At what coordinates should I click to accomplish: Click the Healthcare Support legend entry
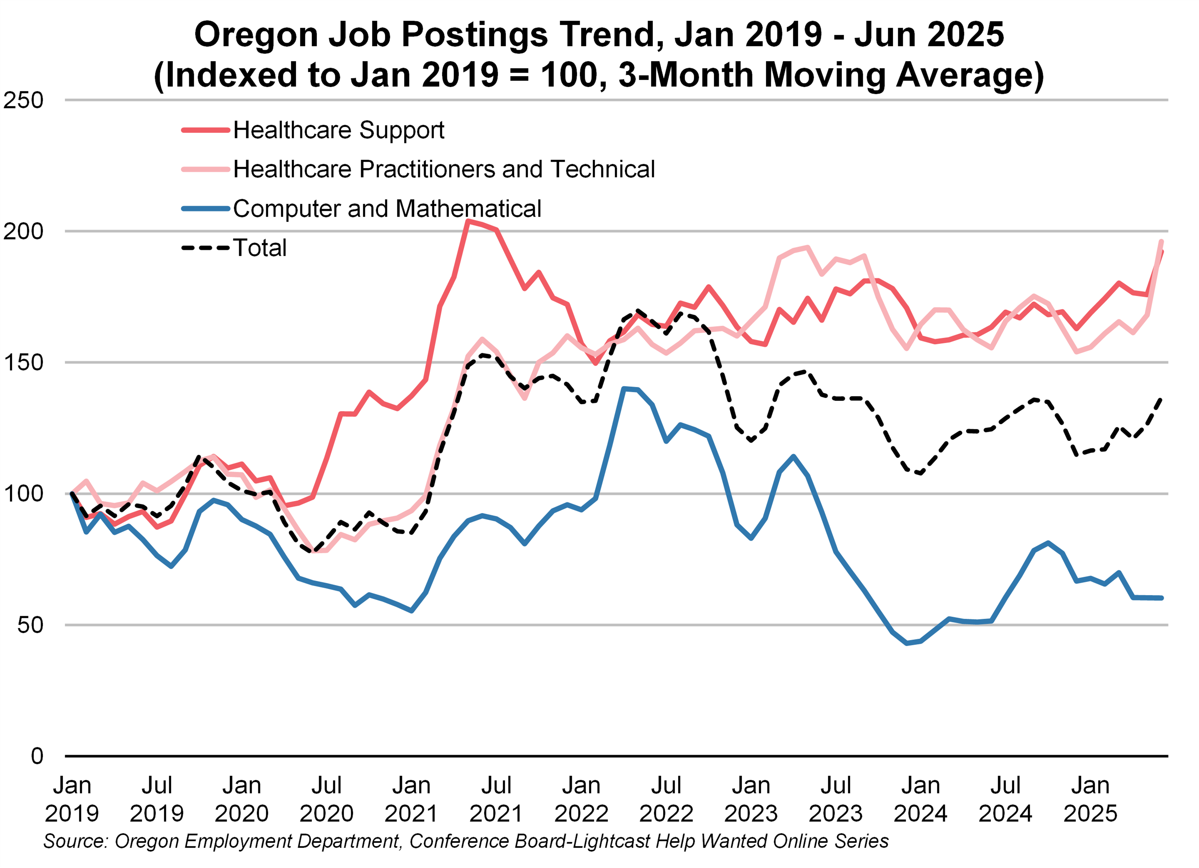(x=338, y=130)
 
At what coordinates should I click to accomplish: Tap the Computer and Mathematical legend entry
(x=387, y=208)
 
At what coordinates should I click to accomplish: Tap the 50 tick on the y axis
(x=30, y=625)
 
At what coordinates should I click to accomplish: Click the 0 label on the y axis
(x=37, y=756)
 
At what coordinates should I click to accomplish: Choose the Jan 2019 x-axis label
(x=72, y=799)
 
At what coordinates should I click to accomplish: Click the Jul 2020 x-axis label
(x=326, y=799)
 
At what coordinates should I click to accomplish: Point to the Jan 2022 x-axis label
(x=581, y=799)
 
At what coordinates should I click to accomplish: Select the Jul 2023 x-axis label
(x=835, y=799)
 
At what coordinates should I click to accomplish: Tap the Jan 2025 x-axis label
(x=1090, y=799)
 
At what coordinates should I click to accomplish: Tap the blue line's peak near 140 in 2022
(x=624, y=389)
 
